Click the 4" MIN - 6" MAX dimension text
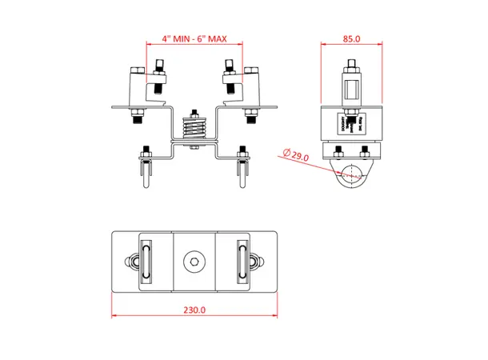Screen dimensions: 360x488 [x=194, y=38]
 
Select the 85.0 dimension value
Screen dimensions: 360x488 [x=351, y=38]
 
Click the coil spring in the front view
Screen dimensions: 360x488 [x=194, y=128]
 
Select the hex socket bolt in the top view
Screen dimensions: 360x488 [x=194, y=261]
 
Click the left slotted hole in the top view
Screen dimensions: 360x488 [x=146, y=262]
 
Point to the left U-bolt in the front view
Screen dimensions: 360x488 [x=146, y=172]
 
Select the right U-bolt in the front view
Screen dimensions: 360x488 [x=242, y=172]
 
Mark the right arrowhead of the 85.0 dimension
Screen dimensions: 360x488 [x=382, y=45]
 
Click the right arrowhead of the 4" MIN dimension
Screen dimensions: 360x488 [x=240, y=45]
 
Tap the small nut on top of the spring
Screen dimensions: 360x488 [x=194, y=111]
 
